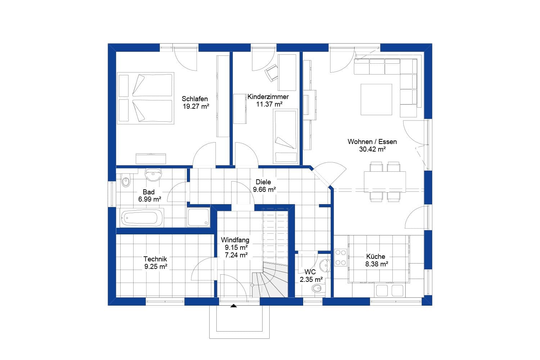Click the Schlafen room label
(x=195, y=99)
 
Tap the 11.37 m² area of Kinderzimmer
(x=269, y=104)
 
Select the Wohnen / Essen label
(x=372, y=141)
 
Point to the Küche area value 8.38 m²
(x=377, y=264)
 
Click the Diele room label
(x=263, y=182)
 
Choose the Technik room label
(x=155, y=259)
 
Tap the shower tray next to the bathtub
(x=198, y=217)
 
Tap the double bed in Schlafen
(x=145, y=98)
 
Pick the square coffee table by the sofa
(x=376, y=99)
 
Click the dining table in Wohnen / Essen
(x=385, y=182)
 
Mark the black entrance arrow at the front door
(x=234, y=306)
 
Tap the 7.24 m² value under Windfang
(x=236, y=255)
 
